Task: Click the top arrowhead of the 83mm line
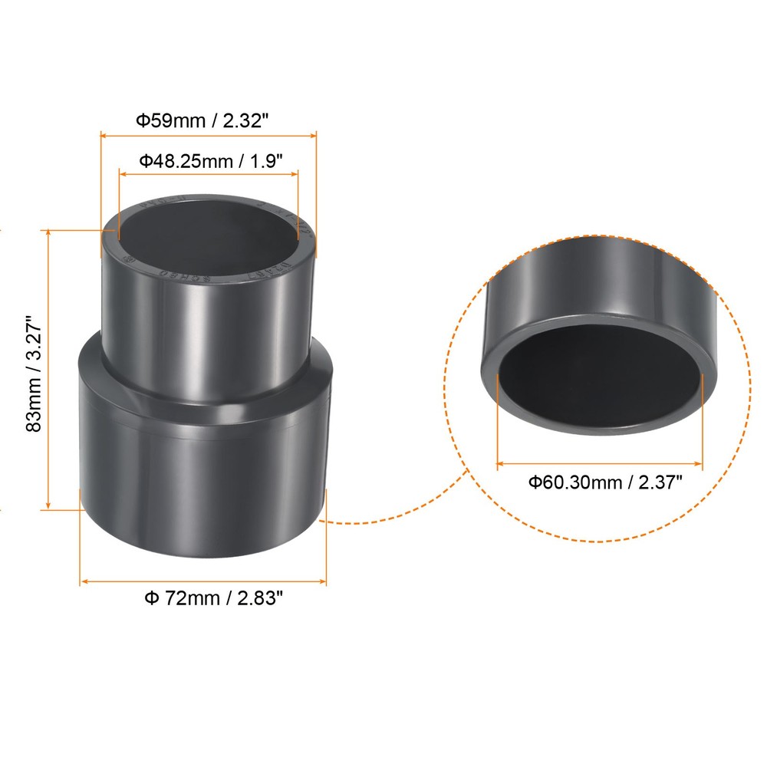48,232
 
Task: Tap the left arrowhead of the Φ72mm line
84,581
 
